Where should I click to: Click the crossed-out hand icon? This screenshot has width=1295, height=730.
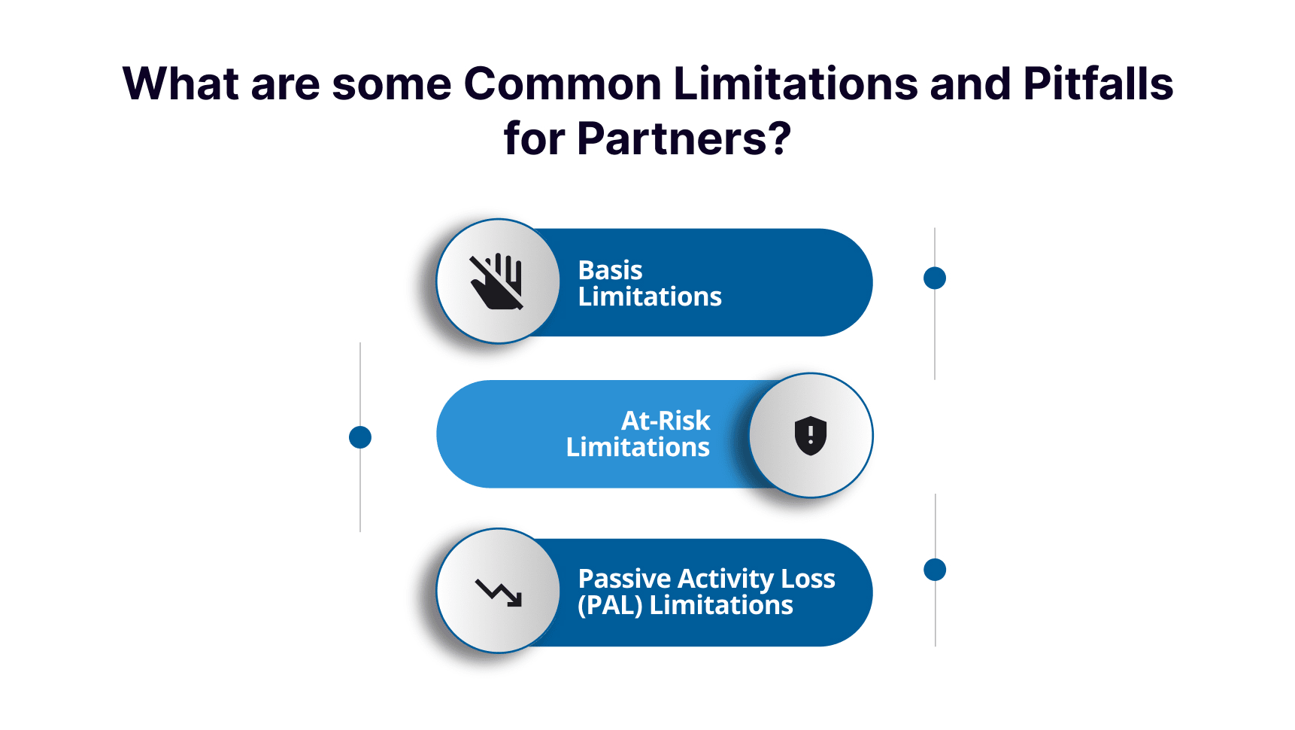point(497,282)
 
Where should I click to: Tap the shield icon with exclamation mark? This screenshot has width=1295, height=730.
point(811,435)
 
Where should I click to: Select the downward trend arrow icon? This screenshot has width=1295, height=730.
point(499,592)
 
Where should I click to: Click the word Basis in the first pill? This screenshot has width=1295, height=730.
point(610,270)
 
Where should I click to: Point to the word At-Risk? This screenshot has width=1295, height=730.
point(666,420)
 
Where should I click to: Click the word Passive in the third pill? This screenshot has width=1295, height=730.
point(624,579)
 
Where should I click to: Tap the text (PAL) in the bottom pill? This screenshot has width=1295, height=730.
point(610,605)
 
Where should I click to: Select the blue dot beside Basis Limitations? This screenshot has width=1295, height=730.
point(935,278)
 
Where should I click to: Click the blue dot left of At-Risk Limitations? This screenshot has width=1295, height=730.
point(360,437)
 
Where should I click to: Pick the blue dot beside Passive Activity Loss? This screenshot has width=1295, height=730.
point(935,570)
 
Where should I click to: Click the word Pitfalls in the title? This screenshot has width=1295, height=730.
point(1098,84)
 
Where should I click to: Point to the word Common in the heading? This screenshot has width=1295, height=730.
point(562,84)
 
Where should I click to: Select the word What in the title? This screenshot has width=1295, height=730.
point(180,84)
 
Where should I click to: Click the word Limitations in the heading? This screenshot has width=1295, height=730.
point(795,84)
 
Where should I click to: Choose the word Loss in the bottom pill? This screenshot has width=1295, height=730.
point(808,579)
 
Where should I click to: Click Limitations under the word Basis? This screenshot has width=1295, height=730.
point(650,297)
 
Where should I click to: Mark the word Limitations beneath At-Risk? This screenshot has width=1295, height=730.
point(638,447)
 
